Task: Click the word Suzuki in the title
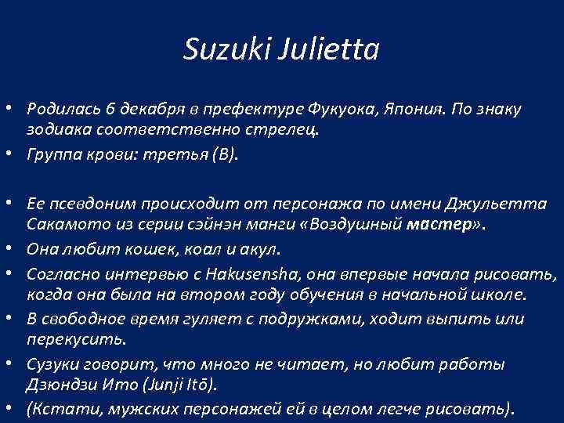(216, 51)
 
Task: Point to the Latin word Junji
(189, 384)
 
